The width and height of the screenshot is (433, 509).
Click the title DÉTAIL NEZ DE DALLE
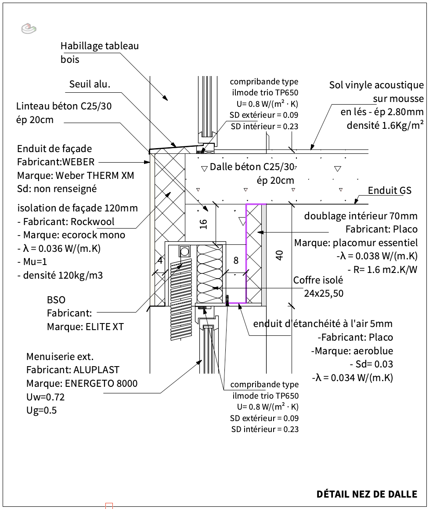click(x=367, y=494)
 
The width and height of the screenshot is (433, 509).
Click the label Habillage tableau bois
click(x=99, y=52)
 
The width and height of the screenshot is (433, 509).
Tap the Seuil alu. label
click(x=90, y=84)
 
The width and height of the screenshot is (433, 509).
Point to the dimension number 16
click(x=203, y=223)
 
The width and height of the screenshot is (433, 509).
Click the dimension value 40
click(x=280, y=255)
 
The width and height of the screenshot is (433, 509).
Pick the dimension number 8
click(x=236, y=260)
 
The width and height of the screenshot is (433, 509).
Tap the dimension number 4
click(x=160, y=260)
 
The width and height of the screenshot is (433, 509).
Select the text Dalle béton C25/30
click(x=252, y=167)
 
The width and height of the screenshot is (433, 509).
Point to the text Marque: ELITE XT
click(x=85, y=327)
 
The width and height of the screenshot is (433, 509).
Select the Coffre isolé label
click(x=318, y=280)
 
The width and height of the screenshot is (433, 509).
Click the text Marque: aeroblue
click(x=352, y=351)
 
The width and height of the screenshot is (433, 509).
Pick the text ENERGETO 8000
click(x=101, y=383)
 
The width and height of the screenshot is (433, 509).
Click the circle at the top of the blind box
click(x=184, y=251)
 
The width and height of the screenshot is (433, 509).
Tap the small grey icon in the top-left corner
click(x=29, y=29)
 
